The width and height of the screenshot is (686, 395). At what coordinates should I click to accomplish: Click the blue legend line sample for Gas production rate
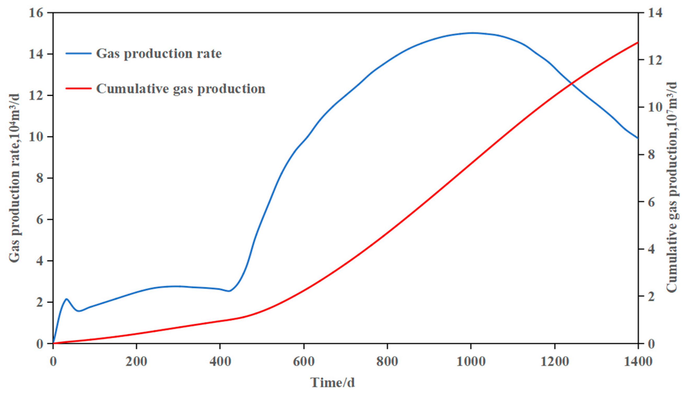coord(79,53)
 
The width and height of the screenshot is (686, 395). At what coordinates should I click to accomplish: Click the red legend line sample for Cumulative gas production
coord(79,88)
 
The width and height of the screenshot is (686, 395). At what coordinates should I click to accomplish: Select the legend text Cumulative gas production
coord(180,89)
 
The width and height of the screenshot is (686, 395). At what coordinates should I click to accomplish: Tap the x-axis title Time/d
coord(332,382)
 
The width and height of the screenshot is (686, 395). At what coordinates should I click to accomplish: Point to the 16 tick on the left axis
coord(38,13)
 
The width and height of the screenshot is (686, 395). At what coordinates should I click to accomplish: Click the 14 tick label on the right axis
coord(653,13)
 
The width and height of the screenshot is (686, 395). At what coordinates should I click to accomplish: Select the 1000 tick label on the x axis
coord(471,362)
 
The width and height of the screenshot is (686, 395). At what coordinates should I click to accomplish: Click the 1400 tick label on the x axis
coord(638,362)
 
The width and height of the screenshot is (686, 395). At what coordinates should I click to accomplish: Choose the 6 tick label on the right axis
coord(650,202)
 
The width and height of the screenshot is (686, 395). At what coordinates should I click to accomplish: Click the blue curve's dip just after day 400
coord(229,291)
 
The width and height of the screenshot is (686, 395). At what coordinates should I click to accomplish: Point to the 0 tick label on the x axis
coord(53,362)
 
